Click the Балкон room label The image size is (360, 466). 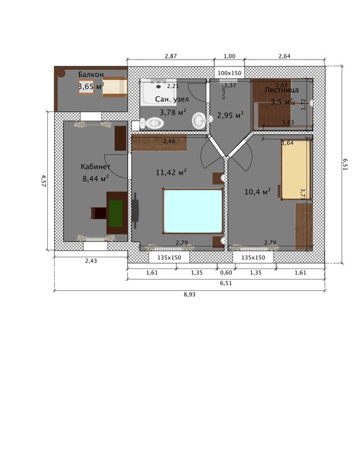point(91,75)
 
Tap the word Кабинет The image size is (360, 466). point(96,167)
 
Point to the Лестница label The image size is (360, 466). point(282,89)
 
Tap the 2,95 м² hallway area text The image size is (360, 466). point(229,114)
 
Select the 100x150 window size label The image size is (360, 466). point(229,73)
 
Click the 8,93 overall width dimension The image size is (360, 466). point(188,295)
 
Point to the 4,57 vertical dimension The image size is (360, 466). point(43,181)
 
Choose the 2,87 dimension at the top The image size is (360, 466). point(170,57)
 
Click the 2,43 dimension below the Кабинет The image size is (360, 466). point(91,262)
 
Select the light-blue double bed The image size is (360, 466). point(193,211)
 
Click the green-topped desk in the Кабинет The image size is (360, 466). point(116,212)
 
